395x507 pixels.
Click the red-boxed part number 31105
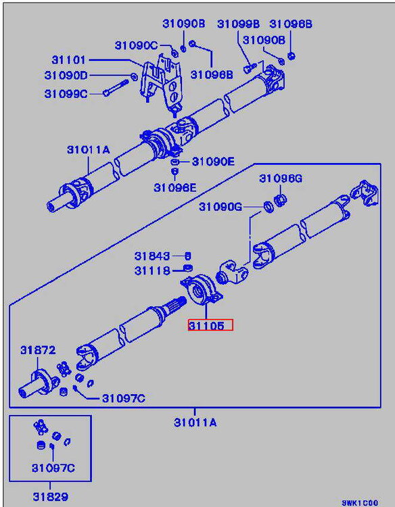(x=206, y=326)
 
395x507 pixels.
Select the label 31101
(x=68, y=59)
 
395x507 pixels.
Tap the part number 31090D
(x=66, y=75)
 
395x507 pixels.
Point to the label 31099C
(x=66, y=94)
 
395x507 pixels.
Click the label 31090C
(x=136, y=45)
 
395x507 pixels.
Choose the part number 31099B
(x=239, y=24)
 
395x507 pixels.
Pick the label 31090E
(x=213, y=162)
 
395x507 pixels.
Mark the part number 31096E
(x=175, y=187)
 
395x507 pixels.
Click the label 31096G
(x=281, y=178)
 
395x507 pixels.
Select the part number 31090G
(x=220, y=207)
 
